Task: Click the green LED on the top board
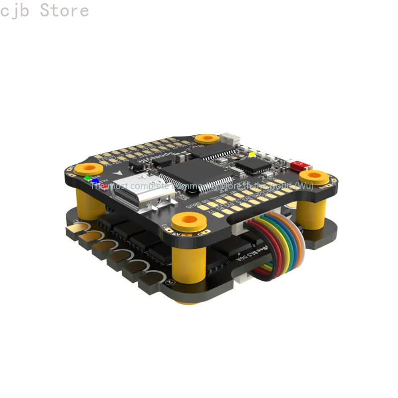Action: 88,178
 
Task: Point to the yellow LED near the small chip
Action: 252,154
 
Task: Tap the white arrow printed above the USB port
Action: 117,173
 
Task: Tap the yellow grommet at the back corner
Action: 207,139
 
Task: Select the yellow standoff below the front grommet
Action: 189,264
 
